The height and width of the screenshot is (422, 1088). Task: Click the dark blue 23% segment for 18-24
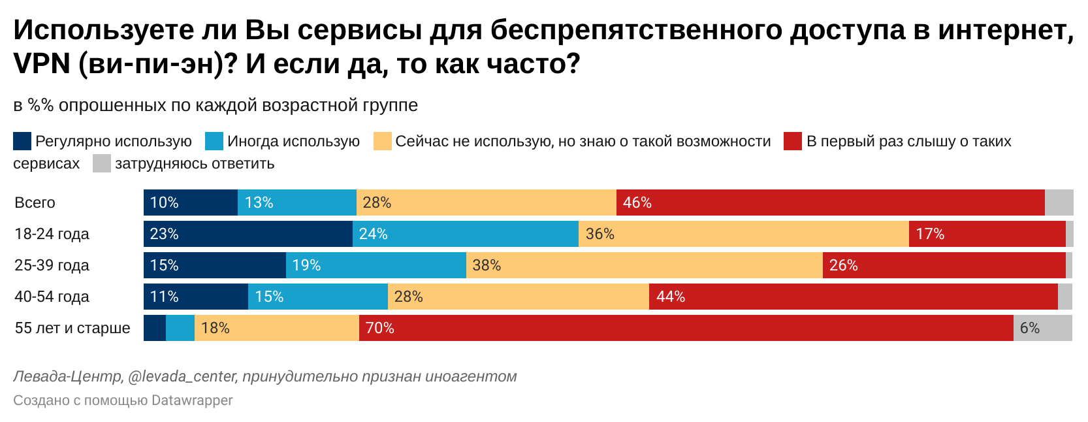pos(248,234)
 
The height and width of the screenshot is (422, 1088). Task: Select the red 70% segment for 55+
pos(686,328)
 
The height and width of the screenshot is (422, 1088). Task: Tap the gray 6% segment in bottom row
pos(1043,328)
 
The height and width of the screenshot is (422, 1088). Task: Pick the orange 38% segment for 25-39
pos(644,265)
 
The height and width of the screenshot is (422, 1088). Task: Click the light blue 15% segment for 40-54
pos(318,297)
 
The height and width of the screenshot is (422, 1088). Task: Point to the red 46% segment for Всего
pos(830,203)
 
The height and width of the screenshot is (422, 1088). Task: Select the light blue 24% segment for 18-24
pos(466,234)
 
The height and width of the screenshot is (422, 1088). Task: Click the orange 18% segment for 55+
pos(277,328)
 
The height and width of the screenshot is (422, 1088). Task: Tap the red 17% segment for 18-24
pos(987,234)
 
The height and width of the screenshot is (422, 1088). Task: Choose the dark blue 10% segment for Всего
pos(191,203)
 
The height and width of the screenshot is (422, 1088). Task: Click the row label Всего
pos(35,203)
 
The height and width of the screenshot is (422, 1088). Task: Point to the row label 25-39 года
pos(52,265)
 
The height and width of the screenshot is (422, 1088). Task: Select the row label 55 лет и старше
pos(72,328)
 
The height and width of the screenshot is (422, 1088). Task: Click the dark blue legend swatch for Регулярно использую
pos(22,141)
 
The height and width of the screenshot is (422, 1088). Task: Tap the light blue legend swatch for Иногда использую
pos(214,141)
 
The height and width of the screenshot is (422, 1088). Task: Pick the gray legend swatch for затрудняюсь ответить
pos(102,163)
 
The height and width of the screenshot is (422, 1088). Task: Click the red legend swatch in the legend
pos(793,141)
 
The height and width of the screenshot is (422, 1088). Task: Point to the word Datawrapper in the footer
pos(191,400)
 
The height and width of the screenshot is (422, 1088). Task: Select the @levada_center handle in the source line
pos(182,377)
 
